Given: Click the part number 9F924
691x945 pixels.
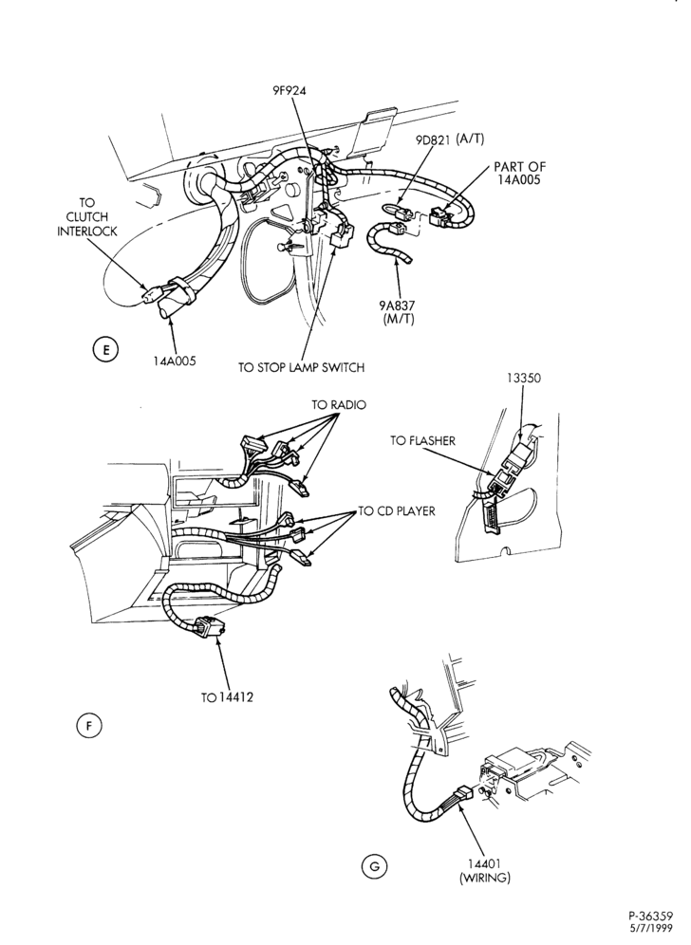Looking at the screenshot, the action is tap(289, 91).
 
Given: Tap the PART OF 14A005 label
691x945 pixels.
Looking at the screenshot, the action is tap(519, 173).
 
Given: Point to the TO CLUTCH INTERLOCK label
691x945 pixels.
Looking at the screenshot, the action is tap(87, 216).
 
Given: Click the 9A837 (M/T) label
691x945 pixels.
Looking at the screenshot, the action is tap(399, 312).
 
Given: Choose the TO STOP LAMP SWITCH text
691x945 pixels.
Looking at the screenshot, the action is tap(302, 367).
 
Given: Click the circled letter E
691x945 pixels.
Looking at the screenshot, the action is tap(104, 350).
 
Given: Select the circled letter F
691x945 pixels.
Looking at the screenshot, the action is tap(89, 726).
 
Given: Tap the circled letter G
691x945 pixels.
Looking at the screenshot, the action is tap(374, 866).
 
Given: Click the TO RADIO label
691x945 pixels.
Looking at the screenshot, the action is tap(339, 405).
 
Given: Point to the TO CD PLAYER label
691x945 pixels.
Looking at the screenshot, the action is tap(397, 511).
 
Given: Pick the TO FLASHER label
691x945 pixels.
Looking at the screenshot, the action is tap(422, 440).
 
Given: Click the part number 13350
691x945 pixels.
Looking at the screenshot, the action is tap(523, 379).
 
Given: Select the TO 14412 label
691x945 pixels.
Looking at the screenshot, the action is tap(227, 697).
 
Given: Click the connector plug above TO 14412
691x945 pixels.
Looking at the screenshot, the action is tap(209, 628).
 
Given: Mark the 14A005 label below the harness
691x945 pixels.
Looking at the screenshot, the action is tap(175, 361).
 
